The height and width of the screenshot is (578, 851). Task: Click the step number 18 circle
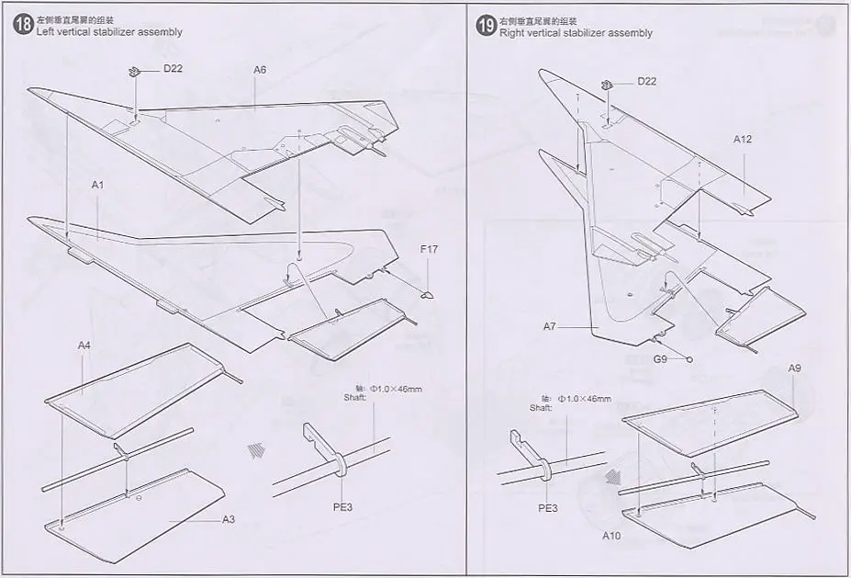23,25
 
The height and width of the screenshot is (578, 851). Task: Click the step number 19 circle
486,25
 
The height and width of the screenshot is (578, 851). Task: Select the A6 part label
260,69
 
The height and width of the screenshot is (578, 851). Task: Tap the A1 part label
98,185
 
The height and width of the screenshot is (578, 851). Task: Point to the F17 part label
430,249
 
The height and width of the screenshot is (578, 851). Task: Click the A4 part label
84,346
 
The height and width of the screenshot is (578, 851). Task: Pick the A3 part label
229,519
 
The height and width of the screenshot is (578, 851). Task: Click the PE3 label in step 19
548,506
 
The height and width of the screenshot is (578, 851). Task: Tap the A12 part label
743,140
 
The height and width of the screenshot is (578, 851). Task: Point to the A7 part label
550,326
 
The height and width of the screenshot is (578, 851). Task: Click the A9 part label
796,369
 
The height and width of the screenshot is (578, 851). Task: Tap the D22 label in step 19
646,81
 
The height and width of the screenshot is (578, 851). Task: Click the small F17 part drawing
426,294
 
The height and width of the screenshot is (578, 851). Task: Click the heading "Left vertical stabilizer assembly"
109,32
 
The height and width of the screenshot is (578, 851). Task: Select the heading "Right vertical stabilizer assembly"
576,33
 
